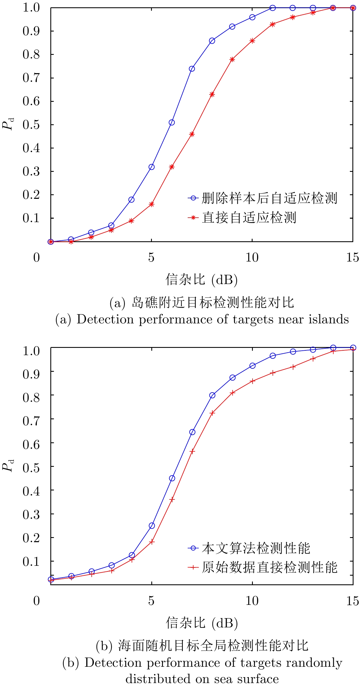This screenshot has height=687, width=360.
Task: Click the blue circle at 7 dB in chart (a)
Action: pos(192,69)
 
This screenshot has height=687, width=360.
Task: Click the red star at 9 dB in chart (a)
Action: pos(232,60)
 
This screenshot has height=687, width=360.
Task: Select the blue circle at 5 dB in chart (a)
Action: pos(152,167)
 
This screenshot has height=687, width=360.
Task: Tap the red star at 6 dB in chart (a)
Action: pos(172,167)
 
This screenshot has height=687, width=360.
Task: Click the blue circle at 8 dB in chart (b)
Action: pos(212,395)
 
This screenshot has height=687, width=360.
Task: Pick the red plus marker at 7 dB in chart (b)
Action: pos(192,451)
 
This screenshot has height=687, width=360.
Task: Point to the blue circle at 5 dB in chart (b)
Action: pos(152,526)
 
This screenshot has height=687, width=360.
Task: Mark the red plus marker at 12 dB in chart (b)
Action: pos(293,367)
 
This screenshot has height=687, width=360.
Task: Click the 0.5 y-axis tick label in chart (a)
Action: pos(31,125)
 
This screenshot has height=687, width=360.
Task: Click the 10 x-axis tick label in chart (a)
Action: pos(252,258)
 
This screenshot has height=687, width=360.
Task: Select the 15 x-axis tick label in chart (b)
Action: pos(353,601)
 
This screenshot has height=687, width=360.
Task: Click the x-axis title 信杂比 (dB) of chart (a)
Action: pos(202,280)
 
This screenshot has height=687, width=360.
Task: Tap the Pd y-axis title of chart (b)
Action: pos(8,465)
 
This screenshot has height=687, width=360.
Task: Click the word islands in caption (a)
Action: pos(329,319)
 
